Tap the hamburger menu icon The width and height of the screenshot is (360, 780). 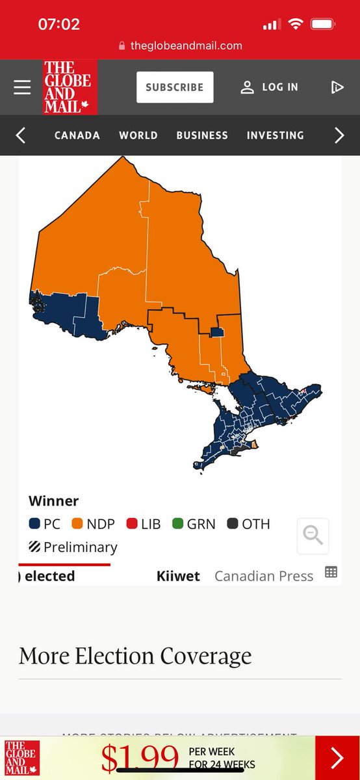pos(22,87)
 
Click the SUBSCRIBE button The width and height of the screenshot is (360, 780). pos(174,87)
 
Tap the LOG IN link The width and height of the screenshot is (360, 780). pos(269,87)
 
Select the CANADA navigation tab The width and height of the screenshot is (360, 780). pos(77,135)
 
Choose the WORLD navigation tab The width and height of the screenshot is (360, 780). pos(138,135)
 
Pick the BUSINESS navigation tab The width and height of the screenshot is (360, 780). pos(202,135)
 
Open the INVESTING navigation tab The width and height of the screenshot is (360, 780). pos(275,135)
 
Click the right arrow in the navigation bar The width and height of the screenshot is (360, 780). pos(339,135)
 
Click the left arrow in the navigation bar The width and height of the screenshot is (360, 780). pos(21,135)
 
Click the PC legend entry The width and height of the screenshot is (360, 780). pos(45,524)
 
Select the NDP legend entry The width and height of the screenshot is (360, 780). pos(93,524)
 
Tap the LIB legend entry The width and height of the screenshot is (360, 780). pos(144,524)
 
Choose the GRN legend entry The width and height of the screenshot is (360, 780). pos(194,524)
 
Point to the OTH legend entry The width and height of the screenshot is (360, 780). pos(248,524)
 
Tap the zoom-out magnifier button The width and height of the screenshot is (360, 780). pos(313,536)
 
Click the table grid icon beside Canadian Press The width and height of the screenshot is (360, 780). pos(331,573)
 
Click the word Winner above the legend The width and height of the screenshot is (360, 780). pos(53,501)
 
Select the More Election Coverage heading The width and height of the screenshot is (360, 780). pos(135,656)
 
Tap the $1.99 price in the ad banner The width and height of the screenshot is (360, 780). pos(140,757)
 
